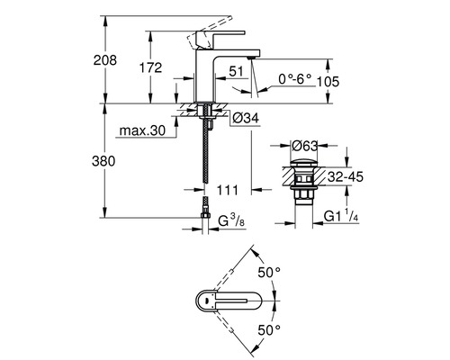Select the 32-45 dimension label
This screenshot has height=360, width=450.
click(347, 178)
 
